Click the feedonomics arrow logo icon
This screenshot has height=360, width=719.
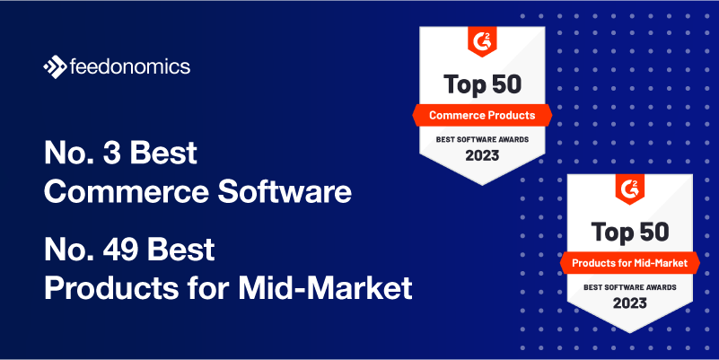55,67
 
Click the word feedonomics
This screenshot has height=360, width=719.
130,66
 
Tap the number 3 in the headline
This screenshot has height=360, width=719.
111,153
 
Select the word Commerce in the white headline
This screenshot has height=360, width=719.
126,192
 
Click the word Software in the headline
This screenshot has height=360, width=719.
285,192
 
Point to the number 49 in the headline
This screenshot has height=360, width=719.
120,250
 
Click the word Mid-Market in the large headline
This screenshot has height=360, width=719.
325,288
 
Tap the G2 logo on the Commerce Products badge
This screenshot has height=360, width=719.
482,41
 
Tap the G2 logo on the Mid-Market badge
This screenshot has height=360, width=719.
629,189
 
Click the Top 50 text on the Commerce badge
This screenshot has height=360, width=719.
482,84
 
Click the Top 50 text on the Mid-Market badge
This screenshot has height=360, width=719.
630,232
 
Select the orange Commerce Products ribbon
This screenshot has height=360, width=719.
482,115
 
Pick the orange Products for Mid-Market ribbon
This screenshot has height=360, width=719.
629,263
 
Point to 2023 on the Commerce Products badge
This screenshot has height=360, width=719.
482,155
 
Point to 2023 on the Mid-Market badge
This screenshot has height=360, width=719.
629,303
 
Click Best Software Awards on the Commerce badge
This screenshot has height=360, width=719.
482,139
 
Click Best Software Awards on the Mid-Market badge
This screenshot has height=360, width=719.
629,287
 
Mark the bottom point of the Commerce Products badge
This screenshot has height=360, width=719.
482,185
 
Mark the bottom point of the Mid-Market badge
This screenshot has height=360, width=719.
630,333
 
